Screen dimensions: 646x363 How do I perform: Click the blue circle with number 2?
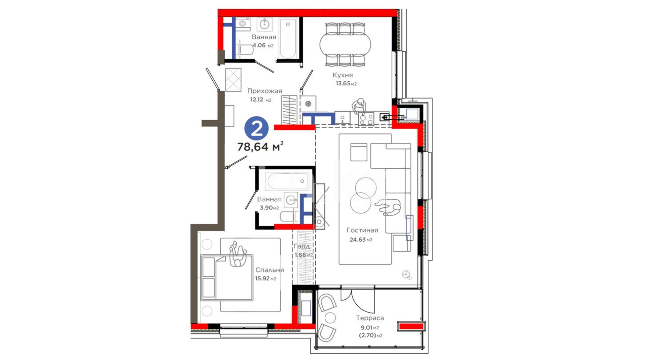tap(256, 128)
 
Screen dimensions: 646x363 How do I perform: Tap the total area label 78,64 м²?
tap(260, 147)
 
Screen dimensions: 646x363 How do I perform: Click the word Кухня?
tap(343, 75)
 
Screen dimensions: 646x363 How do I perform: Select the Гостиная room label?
tap(362, 230)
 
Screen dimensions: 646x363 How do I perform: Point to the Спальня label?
tap(270, 270)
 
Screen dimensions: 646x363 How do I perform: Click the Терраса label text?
tap(370, 318)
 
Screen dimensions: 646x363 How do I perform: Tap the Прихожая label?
tap(265, 91)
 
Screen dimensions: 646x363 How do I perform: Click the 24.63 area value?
tap(357, 240)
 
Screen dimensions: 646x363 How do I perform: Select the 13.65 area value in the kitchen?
tap(343, 84)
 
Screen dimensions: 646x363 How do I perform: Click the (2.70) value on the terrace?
tap(367, 335)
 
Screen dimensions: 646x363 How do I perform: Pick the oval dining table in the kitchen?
tap(345, 45)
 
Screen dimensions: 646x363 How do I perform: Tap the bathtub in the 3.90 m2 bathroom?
tap(287, 181)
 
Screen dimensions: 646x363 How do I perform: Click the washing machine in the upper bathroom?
tap(243, 24)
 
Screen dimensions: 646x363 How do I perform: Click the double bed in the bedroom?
tap(227, 278)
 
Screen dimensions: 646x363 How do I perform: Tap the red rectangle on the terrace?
tap(411, 326)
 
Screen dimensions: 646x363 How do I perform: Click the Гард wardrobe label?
tap(301, 246)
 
